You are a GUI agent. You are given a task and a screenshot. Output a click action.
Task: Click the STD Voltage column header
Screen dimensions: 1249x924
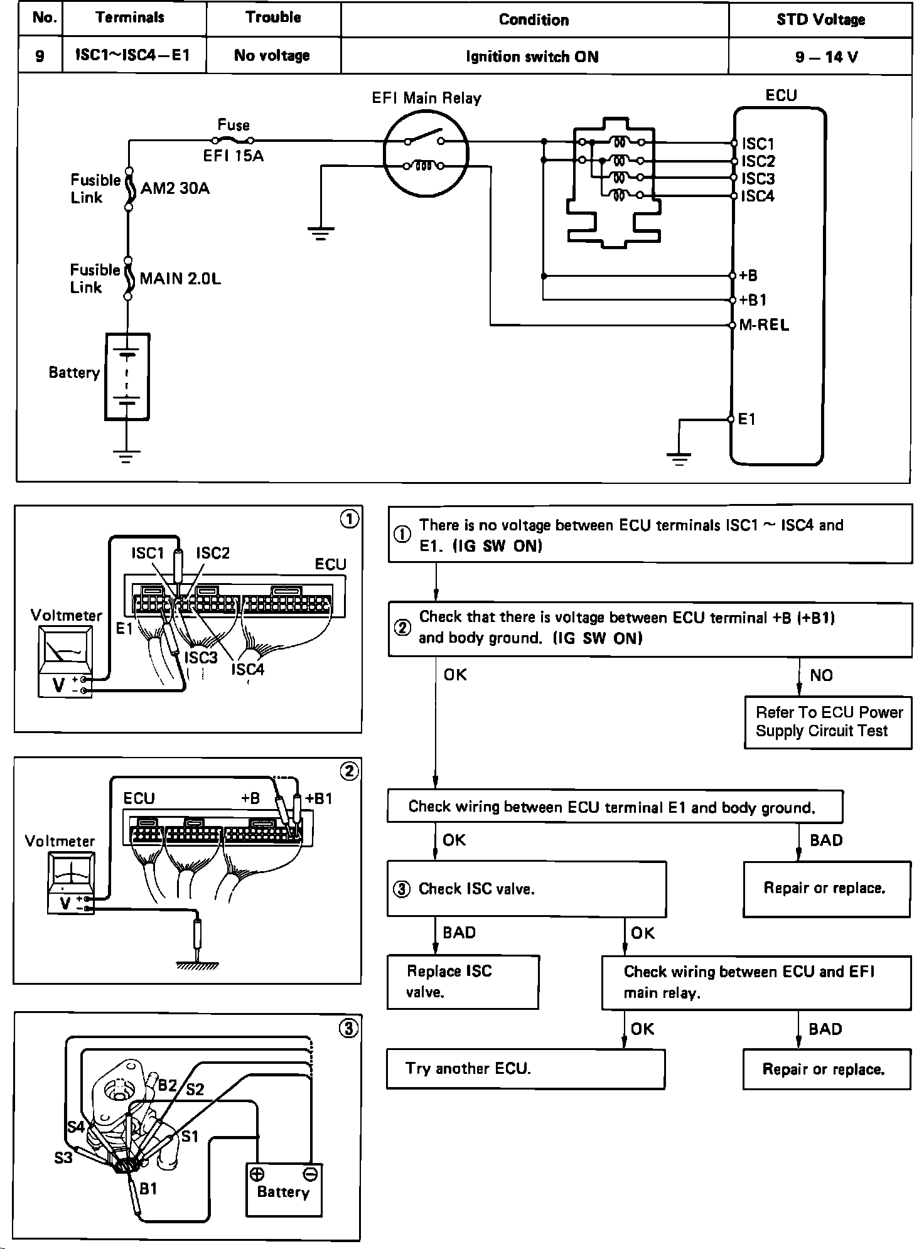[x=820, y=19]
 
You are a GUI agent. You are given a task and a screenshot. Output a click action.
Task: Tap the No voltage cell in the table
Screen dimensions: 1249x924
[x=272, y=55]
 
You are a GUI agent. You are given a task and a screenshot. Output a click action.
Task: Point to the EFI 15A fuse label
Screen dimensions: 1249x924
[x=233, y=156]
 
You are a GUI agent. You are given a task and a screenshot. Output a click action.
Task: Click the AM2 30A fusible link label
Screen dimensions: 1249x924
[x=175, y=188]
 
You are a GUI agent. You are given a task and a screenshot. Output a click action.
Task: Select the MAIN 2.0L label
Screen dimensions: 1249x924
[x=180, y=278]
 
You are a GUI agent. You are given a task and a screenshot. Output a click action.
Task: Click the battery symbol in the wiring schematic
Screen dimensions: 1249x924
[x=127, y=377]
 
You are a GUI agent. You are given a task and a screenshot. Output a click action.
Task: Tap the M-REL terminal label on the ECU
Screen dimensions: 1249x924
[x=764, y=325]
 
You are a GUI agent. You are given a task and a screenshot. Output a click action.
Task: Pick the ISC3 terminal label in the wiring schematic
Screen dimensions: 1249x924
[x=758, y=179]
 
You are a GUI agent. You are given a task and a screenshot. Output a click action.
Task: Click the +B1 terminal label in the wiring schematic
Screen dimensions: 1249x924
[x=753, y=300]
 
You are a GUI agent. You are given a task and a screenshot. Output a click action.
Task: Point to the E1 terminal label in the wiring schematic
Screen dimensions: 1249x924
[x=746, y=419]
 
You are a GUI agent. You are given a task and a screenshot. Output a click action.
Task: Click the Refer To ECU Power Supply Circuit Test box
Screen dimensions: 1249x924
[x=828, y=722]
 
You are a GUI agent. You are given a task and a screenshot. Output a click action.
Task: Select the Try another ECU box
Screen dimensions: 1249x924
[x=525, y=1069]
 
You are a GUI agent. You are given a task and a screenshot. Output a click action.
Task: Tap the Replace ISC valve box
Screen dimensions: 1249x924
[x=463, y=982]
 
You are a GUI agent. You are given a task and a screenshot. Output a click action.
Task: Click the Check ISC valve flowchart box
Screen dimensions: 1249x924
[x=527, y=889]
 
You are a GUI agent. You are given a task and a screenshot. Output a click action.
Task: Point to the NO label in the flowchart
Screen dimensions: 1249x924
[x=821, y=675]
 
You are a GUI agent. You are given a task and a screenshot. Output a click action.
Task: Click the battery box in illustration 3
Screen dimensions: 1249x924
[x=284, y=1190]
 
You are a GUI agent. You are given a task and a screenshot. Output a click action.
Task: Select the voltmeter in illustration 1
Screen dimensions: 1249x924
[x=65, y=661]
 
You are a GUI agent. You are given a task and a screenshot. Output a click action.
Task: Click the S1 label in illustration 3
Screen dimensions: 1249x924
[x=190, y=1136]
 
